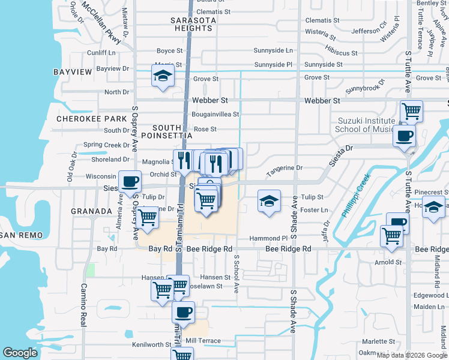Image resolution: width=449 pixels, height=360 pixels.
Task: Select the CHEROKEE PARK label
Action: point(86,119)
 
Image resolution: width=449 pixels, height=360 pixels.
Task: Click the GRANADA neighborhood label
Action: point(91,211)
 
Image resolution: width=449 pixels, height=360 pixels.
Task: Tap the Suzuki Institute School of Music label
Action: point(364,125)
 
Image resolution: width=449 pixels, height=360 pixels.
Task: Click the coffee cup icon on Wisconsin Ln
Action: point(130,181)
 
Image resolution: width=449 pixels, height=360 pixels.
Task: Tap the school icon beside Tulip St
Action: point(269,200)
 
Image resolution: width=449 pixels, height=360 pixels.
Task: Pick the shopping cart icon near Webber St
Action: point(411,110)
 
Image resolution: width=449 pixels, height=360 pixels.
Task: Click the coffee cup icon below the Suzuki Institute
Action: point(405,134)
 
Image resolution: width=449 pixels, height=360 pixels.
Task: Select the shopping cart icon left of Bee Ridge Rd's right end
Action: point(391,235)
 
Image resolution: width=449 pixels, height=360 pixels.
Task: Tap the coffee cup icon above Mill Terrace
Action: point(183,311)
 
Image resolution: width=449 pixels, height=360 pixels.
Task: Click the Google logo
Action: point(20,353)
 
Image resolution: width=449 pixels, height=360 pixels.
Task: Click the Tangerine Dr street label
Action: point(285,169)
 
